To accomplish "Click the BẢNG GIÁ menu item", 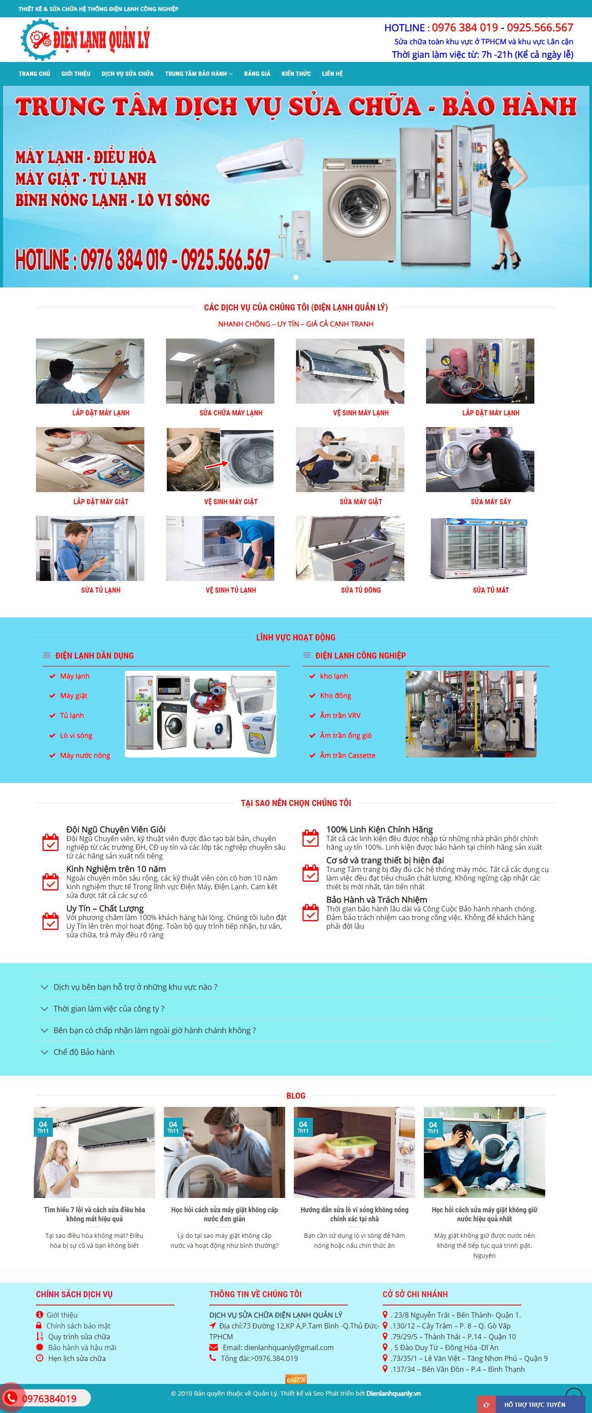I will [257, 74].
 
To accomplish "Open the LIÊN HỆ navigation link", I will [332, 74].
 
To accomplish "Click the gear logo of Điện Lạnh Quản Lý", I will [39, 39].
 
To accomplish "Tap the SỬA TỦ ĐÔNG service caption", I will [361, 590].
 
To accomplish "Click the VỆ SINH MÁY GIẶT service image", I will [220, 460].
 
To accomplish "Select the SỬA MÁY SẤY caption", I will [491, 501].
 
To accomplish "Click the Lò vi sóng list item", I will [76, 736].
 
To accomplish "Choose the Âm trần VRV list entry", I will [340, 715].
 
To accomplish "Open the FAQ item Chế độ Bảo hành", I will [84, 1052].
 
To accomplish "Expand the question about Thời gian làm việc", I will [108, 1009].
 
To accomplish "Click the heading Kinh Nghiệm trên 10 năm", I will [116, 869].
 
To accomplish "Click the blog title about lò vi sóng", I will [354, 1214].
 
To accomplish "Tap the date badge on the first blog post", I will [43, 1127].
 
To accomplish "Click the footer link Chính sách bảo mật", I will [78, 1326].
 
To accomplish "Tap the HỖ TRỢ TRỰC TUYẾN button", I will [534, 1405].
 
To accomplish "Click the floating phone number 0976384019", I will [49, 1399].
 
